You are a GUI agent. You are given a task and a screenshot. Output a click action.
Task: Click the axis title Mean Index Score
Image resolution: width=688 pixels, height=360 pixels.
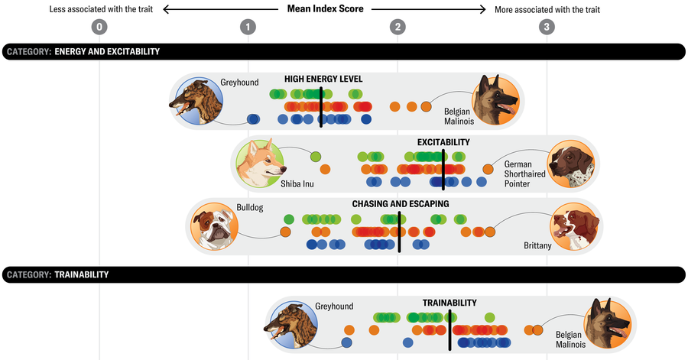click(x=324, y=10)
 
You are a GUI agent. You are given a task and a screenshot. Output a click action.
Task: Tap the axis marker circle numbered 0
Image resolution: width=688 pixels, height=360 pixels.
click(x=99, y=28)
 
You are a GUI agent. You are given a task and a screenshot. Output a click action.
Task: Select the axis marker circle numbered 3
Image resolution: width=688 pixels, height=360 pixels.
click(x=546, y=28)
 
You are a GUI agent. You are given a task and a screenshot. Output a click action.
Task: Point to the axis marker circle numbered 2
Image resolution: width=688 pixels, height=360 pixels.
click(x=398, y=28)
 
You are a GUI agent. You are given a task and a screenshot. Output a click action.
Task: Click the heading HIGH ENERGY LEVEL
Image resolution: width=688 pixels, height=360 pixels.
click(x=323, y=79)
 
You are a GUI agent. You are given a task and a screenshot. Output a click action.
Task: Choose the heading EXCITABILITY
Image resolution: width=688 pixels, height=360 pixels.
click(x=443, y=142)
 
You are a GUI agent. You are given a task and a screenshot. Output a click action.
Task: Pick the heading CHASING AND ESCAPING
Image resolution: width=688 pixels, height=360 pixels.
click(x=400, y=204)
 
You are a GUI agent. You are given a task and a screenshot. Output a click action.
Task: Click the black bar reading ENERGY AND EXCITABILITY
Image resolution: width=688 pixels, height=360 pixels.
click(x=343, y=52)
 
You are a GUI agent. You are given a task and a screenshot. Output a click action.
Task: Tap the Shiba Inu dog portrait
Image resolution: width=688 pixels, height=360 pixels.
click(x=260, y=163)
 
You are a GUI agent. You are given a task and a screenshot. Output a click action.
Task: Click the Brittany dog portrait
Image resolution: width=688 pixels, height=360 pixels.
click(x=576, y=226)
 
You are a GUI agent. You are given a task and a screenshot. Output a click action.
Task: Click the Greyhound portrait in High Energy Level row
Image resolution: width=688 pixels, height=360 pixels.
click(x=196, y=101)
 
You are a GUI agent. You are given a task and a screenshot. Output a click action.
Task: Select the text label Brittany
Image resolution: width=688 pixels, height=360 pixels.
click(x=537, y=246)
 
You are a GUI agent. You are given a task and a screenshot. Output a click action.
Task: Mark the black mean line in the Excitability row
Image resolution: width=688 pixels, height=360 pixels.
click(x=443, y=170)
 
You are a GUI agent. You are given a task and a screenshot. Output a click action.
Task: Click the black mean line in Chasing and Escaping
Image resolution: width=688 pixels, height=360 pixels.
click(x=399, y=232)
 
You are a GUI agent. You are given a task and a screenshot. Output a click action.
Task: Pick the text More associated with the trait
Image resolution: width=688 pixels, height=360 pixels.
click(x=548, y=10)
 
